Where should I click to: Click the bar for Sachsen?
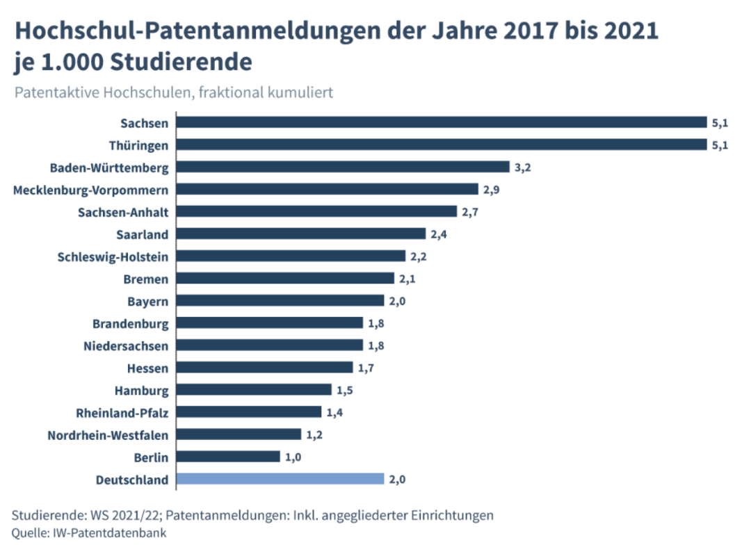click(x=441, y=122)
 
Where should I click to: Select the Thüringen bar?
click(x=441, y=145)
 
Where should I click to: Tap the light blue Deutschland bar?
click(x=280, y=479)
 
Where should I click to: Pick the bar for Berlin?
click(x=228, y=457)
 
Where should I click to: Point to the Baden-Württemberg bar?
click(x=343, y=167)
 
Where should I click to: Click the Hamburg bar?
click(x=254, y=389)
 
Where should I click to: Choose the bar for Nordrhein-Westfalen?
click(x=239, y=434)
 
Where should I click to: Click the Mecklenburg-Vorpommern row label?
click(x=90, y=190)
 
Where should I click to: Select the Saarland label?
click(x=143, y=234)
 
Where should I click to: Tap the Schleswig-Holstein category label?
click(x=113, y=257)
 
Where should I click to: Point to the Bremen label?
click(x=146, y=279)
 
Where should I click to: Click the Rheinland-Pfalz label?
click(x=122, y=413)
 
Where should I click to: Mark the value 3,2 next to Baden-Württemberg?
click(x=522, y=168)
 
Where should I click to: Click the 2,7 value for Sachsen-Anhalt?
click(x=470, y=212)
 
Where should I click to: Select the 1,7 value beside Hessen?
click(x=366, y=368)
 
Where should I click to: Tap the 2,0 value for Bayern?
click(x=397, y=301)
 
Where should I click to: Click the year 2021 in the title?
click(x=631, y=30)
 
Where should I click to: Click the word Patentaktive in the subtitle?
click(x=56, y=92)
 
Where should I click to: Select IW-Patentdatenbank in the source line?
click(x=108, y=532)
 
